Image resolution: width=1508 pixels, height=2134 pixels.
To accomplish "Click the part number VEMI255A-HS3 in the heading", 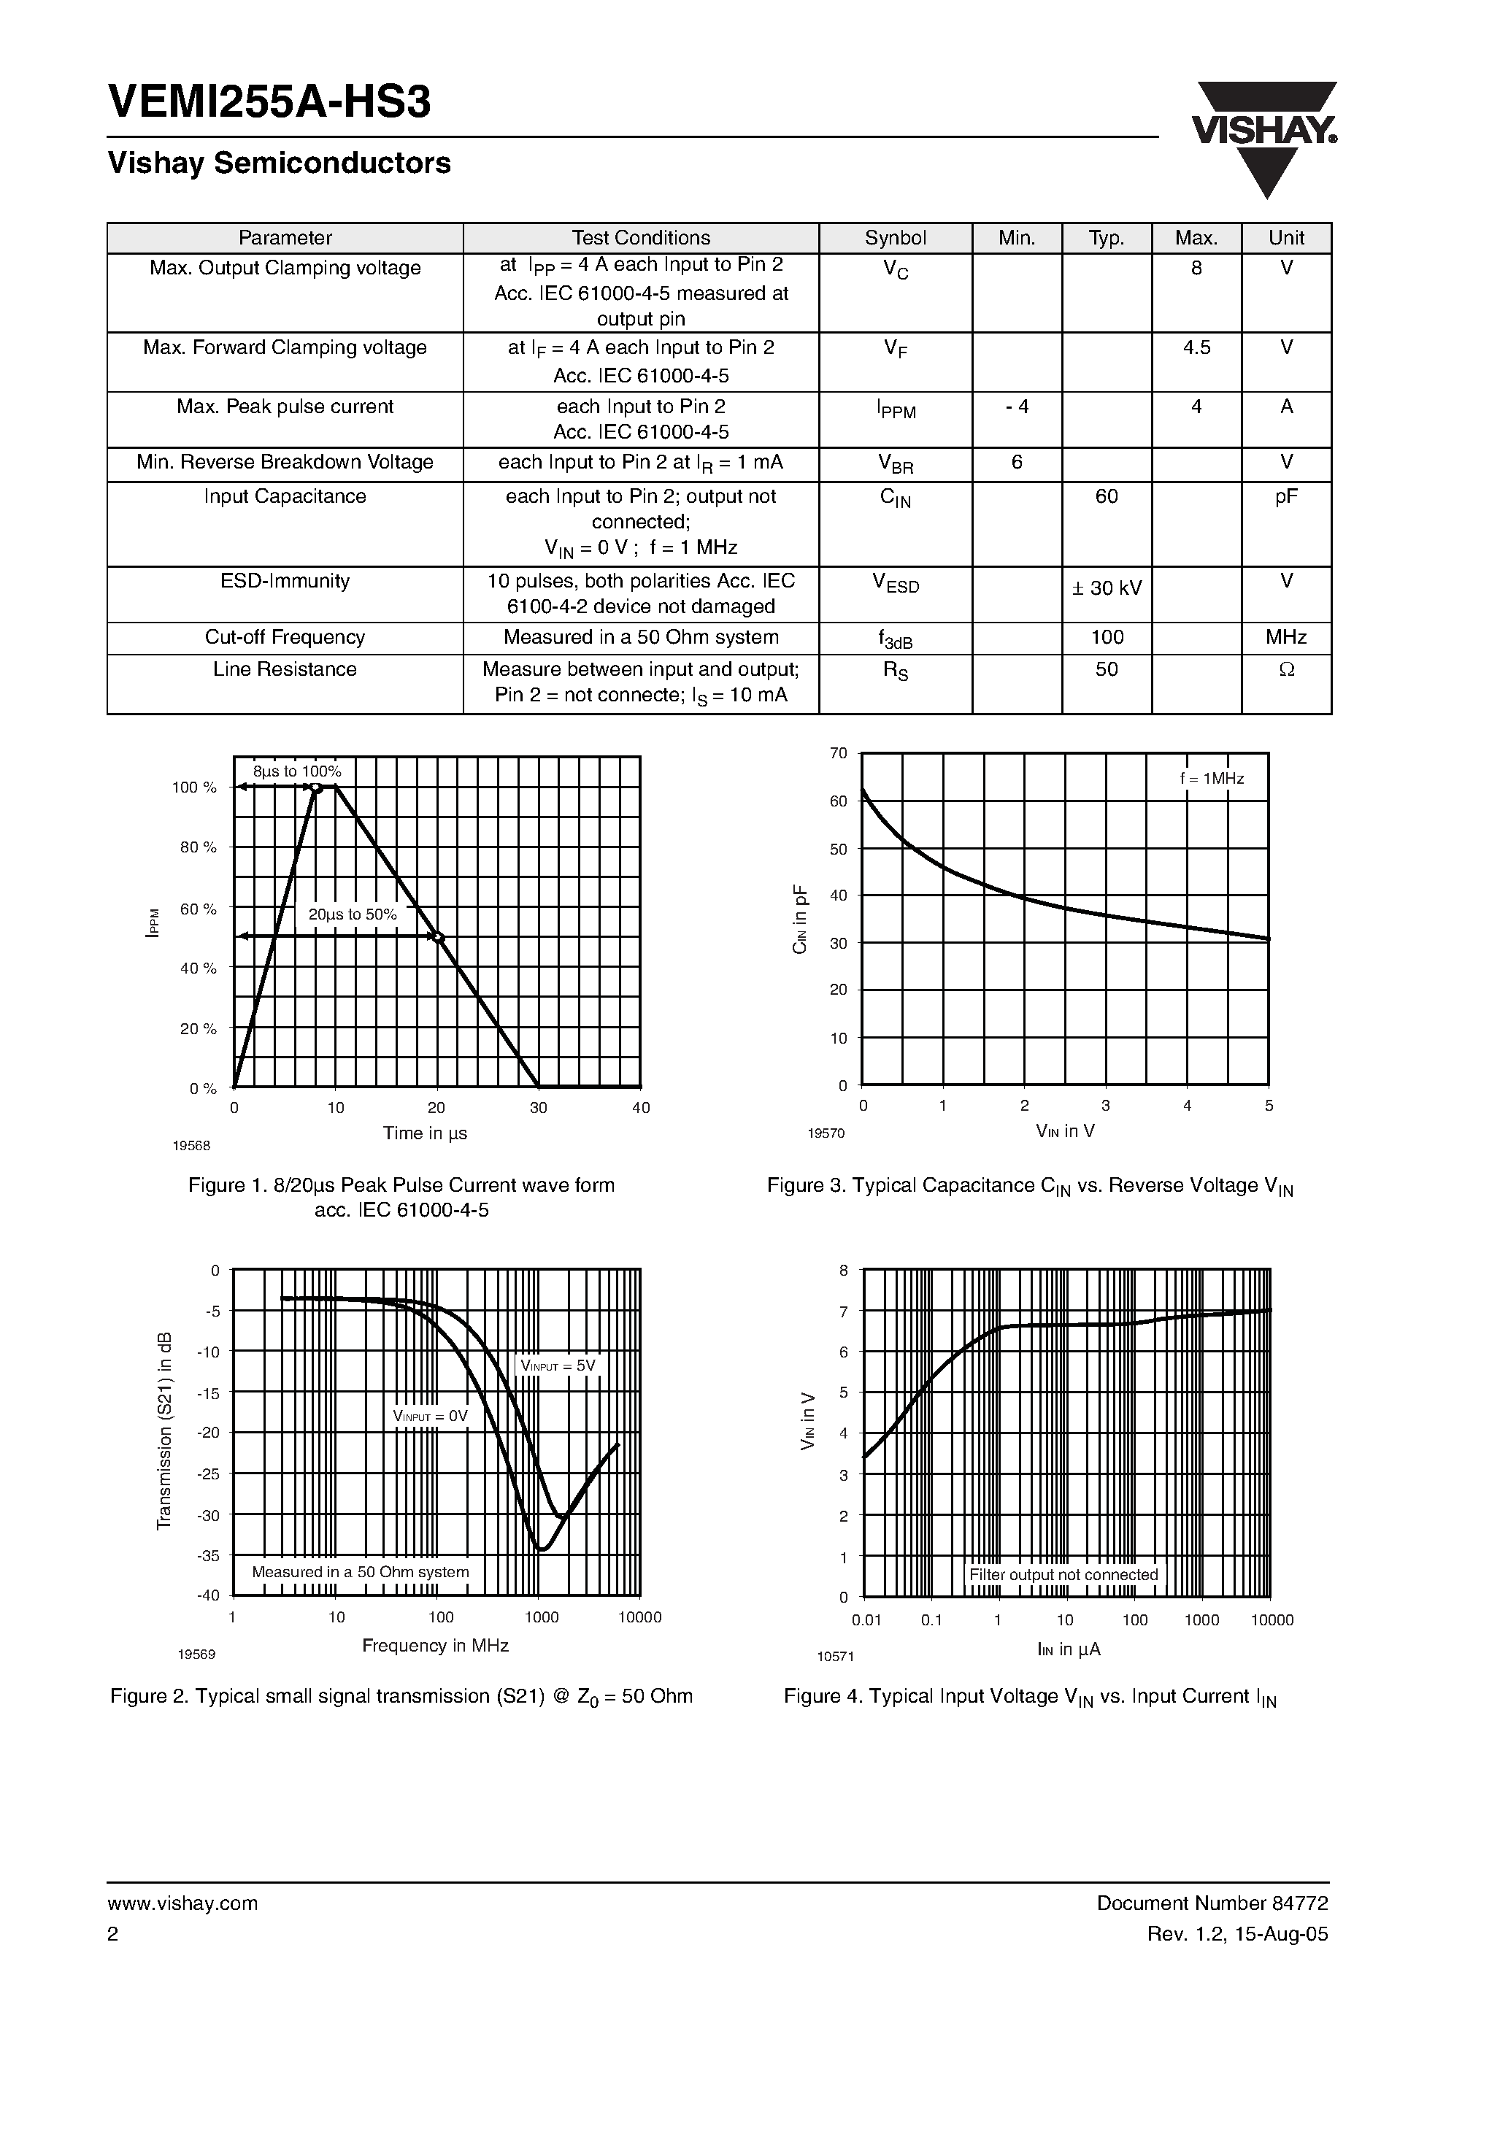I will coord(269,102).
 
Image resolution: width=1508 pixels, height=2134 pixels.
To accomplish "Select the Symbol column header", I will coord(896,238).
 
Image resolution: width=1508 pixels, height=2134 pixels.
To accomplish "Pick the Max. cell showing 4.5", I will coord(1196,347).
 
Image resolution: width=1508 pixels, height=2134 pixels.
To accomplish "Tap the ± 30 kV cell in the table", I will coord(1107,588).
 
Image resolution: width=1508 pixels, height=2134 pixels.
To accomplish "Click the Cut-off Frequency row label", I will coord(285,638).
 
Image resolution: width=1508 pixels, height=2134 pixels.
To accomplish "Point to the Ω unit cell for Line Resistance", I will coord(1286,670).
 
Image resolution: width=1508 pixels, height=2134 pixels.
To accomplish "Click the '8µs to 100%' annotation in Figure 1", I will coord(298,771).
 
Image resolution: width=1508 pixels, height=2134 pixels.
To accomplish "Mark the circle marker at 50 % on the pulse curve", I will coord(439,937).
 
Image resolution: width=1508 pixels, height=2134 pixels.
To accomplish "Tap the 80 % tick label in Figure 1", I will coord(198,847).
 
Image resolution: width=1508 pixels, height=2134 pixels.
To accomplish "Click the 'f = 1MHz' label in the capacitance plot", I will coord(1212,779).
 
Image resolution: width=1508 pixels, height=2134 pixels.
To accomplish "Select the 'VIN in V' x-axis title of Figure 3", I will coord(1066,1131).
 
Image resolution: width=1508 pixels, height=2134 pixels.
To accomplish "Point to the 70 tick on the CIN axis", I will coord(839,754).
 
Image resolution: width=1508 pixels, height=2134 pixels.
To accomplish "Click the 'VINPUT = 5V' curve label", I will coord(557,1365).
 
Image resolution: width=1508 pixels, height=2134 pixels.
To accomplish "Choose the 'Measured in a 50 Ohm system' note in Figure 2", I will coord(361,1572).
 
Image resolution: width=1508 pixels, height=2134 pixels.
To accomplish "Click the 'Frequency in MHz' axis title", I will coord(435,1645).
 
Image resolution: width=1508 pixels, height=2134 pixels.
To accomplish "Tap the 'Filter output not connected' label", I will coord(1063,1574).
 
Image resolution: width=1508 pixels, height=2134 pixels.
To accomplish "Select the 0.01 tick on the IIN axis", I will coord(866,1620).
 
